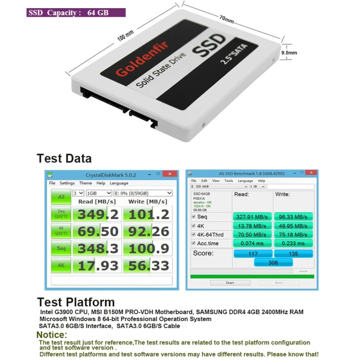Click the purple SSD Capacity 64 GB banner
coord(76,12)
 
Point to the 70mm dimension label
coord(227,21)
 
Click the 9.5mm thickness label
coord(289,53)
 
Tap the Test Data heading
coord(64,158)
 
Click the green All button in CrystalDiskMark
coord(61,197)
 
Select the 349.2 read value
coord(98,214)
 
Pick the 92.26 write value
coord(147,231)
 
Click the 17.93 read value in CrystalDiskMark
coord(98,265)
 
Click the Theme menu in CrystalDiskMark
coord(85,183)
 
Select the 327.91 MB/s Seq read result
coord(252,216)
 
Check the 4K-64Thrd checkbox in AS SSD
coord(193,234)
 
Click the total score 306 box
coord(273,262)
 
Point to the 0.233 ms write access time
coord(293,243)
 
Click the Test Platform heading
coord(76,302)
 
